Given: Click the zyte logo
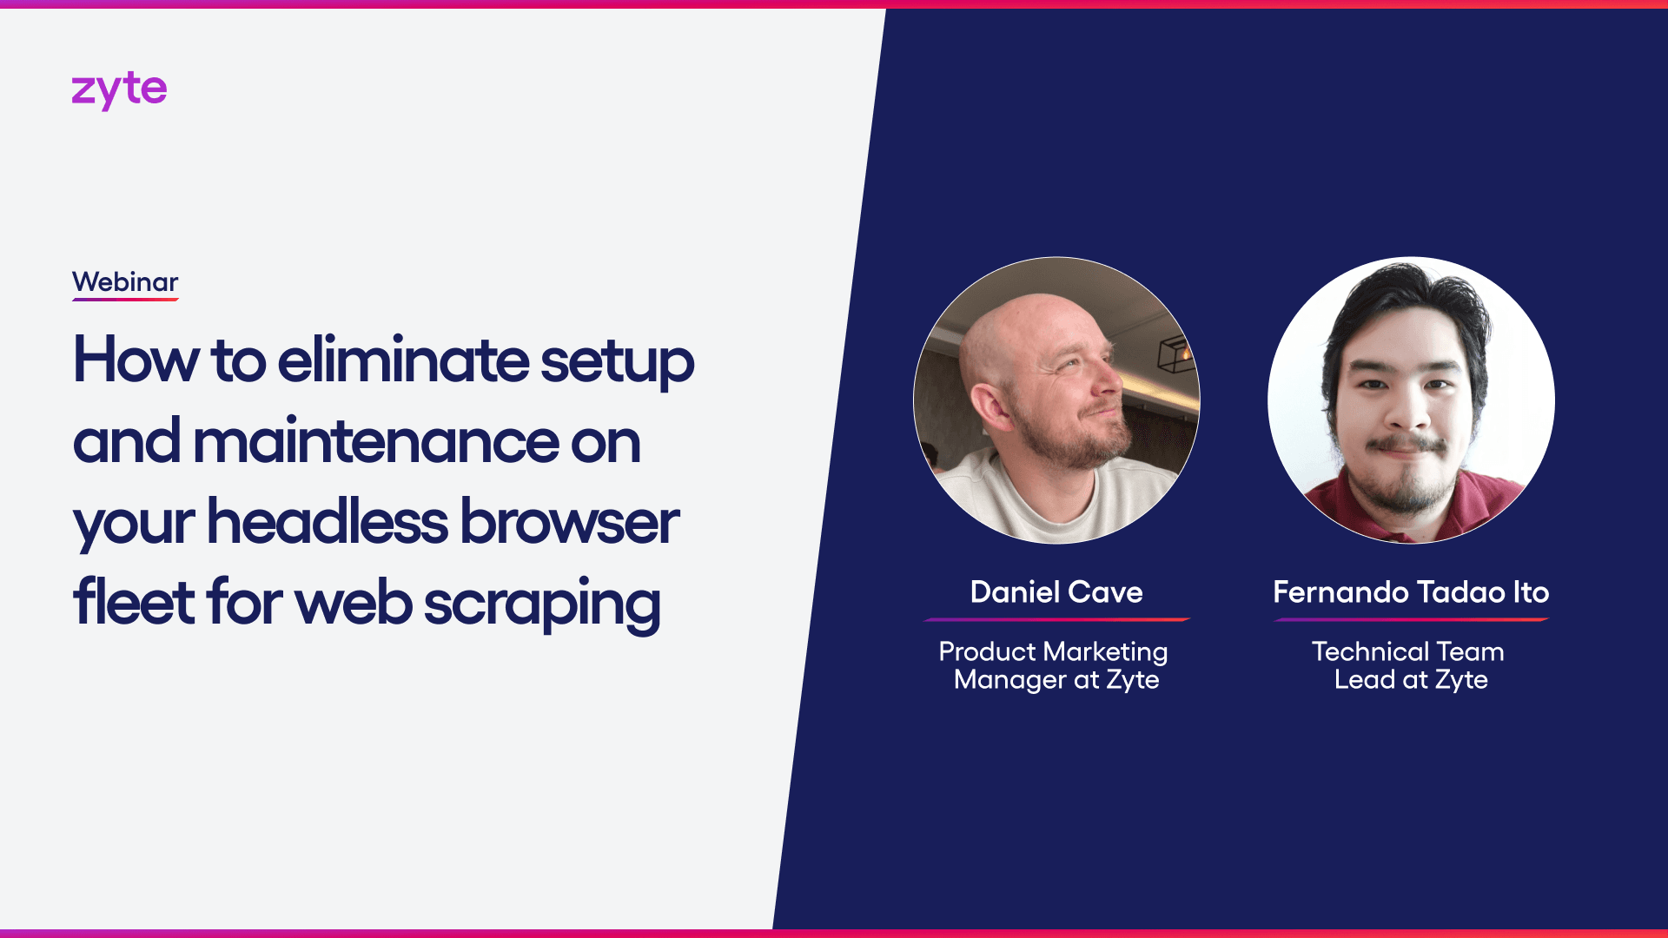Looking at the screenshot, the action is [x=119, y=90].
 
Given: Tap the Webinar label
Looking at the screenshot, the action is [x=125, y=282].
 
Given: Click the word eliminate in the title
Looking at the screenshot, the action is [x=403, y=360].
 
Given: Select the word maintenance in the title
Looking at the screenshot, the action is [x=375, y=440].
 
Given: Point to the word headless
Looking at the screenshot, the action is [x=328, y=521].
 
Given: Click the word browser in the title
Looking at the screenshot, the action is [x=570, y=521].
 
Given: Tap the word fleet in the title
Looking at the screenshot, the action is [x=134, y=602].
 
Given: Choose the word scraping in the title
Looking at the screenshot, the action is [x=542, y=604].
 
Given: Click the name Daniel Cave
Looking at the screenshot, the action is [x=1056, y=592].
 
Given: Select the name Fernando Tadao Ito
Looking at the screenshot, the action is [x=1411, y=592].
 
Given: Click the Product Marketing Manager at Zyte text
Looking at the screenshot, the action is [x=1054, y=665].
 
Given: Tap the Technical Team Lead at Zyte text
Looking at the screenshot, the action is [x=1409, y=665].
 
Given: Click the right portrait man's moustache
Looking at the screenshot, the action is [x=1407, y=444].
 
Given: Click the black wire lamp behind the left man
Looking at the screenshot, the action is [x=1177, y=353].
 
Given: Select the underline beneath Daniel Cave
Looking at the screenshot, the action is [x=1056, y=619].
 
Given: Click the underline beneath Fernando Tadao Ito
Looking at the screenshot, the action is [x=1411, y=619].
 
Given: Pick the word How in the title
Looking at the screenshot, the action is [x=136, y=360].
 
